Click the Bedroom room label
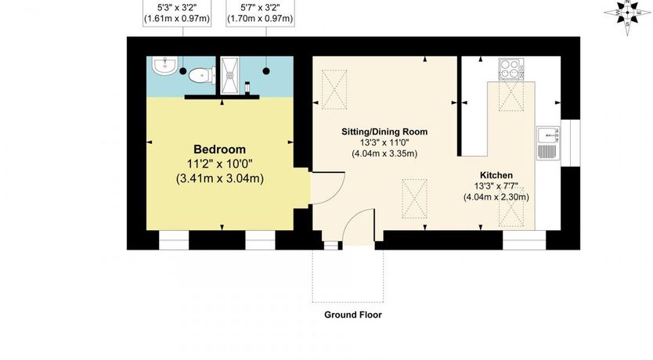[219, 149]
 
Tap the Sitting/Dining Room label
[384, 131]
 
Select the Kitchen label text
[496, 175]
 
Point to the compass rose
[627, 13]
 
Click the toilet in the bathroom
[201, 75]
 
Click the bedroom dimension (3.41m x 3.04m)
[219, 178]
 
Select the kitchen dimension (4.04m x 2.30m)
[496, 197]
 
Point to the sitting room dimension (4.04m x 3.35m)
[384, 153]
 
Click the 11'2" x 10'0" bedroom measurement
[219, 164]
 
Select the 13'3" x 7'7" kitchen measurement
[496, 186]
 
